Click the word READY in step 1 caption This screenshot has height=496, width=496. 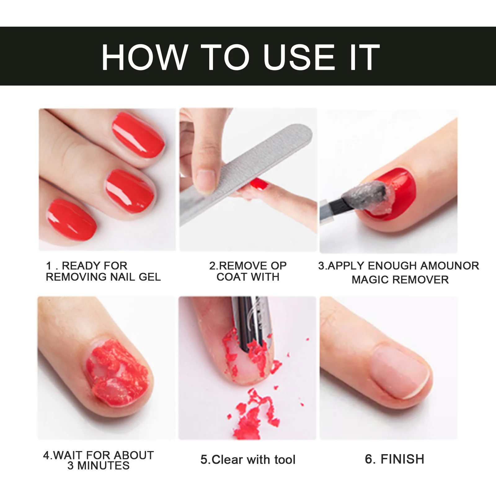pos(79,266)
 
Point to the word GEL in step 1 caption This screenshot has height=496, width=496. pos(150,277)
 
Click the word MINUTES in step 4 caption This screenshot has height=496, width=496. pos(103,466)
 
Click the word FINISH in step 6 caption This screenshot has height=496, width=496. pos(402,459)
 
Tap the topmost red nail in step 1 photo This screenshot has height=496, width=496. pos(138,135)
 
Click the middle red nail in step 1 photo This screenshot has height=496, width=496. pos(130,191)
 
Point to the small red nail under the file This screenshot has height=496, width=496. pos(259,184)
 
